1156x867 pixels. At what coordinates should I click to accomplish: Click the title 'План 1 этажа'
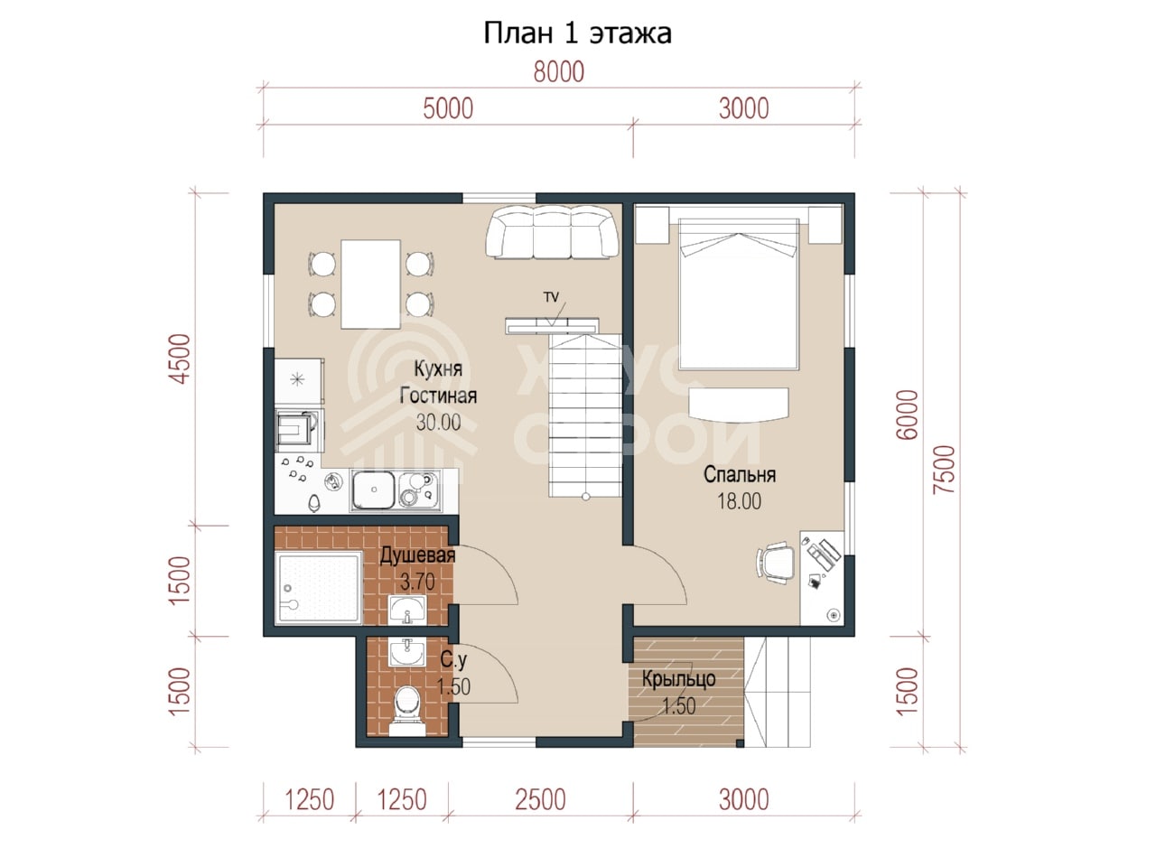coord(577,33)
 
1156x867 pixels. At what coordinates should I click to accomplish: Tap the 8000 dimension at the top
coord(559,72)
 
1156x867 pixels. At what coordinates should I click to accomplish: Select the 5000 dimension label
coord(448,109)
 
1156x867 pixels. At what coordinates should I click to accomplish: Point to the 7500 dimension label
coord(945,469)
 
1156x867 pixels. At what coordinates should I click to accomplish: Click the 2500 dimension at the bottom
coord(540,800)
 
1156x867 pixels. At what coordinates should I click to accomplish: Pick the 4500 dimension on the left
coord(181,359)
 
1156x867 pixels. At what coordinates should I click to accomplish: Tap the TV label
coord(551,297)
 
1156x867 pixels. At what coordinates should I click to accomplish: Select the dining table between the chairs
coord(370,284)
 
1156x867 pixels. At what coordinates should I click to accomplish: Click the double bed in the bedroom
coord(739,294)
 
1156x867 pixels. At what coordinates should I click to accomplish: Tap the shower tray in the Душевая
coord(319,588)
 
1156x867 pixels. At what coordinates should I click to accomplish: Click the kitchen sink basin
coord(373,489)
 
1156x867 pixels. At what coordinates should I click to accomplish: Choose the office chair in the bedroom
coord(776,563)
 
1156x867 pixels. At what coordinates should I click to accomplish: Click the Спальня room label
coord(740,475)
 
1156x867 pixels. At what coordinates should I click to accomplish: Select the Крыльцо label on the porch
coord(678,679)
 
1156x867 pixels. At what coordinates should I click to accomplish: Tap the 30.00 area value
coord(438,422)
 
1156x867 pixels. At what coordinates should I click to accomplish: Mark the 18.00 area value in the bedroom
coord(739,501)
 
